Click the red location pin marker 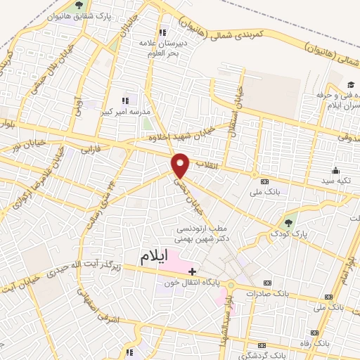tap(181, 165)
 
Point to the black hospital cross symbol tap(193, 271)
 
